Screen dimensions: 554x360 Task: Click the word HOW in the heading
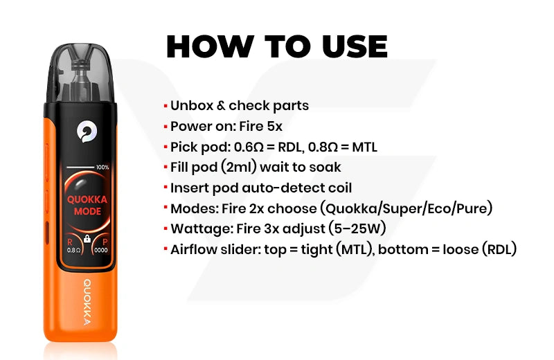coord(210,46)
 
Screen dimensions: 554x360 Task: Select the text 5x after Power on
coord(274,126)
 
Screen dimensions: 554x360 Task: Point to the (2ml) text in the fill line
coord(238,167)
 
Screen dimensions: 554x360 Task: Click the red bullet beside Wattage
coord(166,228)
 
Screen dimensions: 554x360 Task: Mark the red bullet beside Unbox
coord(166,105)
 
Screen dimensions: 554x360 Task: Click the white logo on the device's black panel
coord(87,132)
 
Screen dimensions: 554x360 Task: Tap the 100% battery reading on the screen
coord(102,167)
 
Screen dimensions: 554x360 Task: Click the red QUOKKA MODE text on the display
coord(87,205)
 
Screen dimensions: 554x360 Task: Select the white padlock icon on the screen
coord(87,239)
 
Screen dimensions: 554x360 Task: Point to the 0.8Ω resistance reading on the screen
coord(73,250)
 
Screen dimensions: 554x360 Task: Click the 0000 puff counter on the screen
coord(101,250)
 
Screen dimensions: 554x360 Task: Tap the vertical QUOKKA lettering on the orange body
coord(87,302)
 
